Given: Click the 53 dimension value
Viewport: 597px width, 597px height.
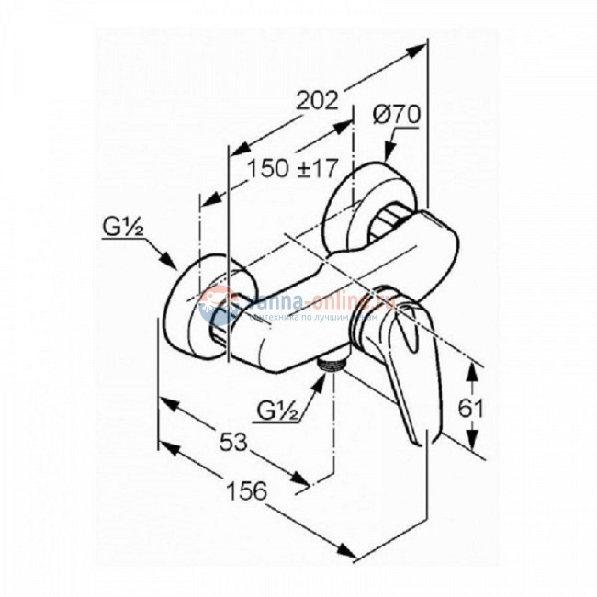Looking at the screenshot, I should click(236, 444).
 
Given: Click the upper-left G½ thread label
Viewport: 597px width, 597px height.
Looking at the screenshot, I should click(121, 224).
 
